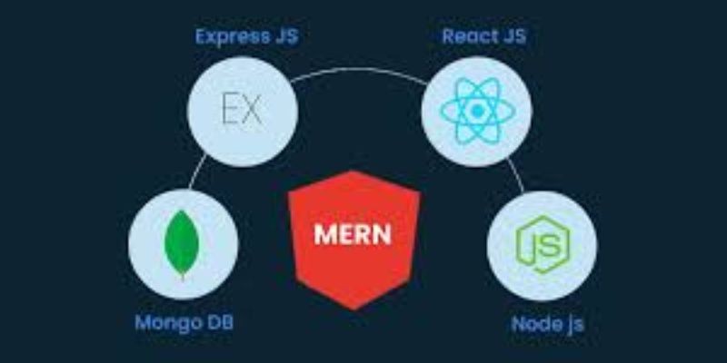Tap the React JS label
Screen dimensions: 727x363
click(x=484, y=36)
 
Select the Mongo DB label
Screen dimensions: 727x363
click(x=184, y=323)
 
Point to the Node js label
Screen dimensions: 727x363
click(x=548, y=325)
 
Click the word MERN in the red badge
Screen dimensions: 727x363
click(x=353, y=235)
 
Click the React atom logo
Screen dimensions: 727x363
click(x=477, y=111)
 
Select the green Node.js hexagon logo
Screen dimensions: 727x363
click(x=543, y=244)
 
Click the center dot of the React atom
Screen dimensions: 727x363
click(x=477, y=111)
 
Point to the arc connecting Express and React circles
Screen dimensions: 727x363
click(x=359, y=71)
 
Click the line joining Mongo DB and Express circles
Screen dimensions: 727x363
click(x=197, y=172)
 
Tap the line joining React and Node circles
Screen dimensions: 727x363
click(x=516, y=174)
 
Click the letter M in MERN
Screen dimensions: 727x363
click(x=324, y=235)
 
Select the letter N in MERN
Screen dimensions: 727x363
click(x=382, y=235)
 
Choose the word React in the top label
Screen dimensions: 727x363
click(x=466, y=36)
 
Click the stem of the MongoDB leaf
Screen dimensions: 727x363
click(x=183, y=277)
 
